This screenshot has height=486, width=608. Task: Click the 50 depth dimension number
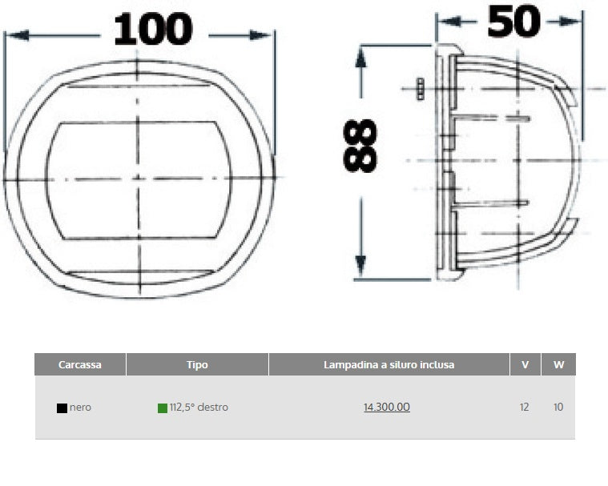pyautogui.click(x=513, y=22)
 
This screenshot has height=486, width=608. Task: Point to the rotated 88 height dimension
pyautogui.click(x=360, y=146)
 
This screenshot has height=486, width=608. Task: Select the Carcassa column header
pyautogui.click(x=80, y=364)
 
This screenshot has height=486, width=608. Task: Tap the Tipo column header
pyautogui.click(x=197, y=364)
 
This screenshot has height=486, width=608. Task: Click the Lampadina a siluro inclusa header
pyautogui.click(x=389, y=364)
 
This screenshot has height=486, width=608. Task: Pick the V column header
pyautogui.click(x=525, y=364)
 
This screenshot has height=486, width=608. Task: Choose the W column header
pyautogui.click(x=558, y=364)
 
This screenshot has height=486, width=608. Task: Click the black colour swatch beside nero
pyautogui.click(x=62, y=408)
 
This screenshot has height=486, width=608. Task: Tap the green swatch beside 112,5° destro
pyautogui.click(x=163, y=408)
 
